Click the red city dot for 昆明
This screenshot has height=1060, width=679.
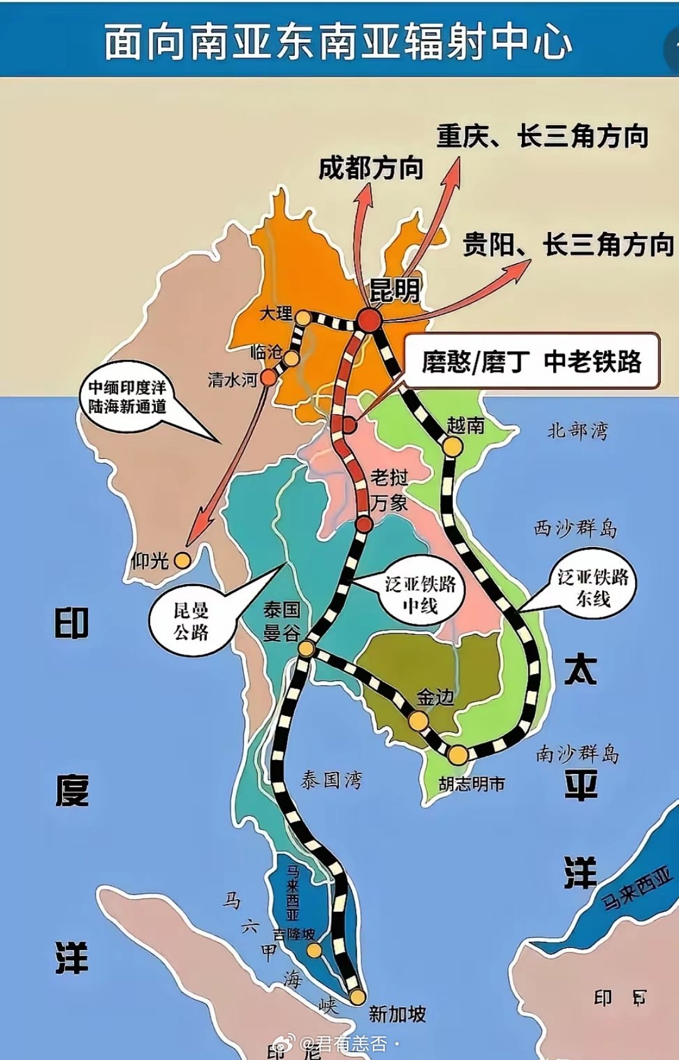pyautogui.click(x=369, y=319)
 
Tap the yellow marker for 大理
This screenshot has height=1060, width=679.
pyautogui.click(x=303, y=317)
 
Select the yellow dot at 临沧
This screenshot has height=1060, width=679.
pyautogui.click(x=291, y=358)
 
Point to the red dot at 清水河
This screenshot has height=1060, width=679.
pyautogui.click(x=268, y=377)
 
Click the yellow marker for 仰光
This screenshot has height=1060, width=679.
pyautogui.click(x=182, y=560)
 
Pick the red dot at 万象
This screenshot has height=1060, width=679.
pyautogui.click(x=364, y=524)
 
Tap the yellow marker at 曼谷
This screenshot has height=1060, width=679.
pyautogui.click(x=306, y=648)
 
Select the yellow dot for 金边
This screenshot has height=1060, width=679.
pyautogui.click(x=419, y=720)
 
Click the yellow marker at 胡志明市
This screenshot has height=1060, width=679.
pyautogui.click(x=458, y=754)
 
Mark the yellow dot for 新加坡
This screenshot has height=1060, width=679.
pyautogui.click(x=357, y=997)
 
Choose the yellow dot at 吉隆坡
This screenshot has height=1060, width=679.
pyautogui.click(x=314, y=949)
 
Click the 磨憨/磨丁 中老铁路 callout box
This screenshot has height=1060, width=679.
pyautogui.click(x=531, y=361)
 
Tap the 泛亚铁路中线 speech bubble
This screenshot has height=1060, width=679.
pyautogui.click(x=420, y=594)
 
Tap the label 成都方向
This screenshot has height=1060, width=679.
pyautogui.click(x=371, y=168)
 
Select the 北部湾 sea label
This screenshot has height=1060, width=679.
pyautogui.click(x=577, y=431)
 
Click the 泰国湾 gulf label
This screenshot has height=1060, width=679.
pyautogui.click(x=331, y=781)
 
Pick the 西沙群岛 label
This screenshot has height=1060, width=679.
pyautogui.click(x=575, y=528)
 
